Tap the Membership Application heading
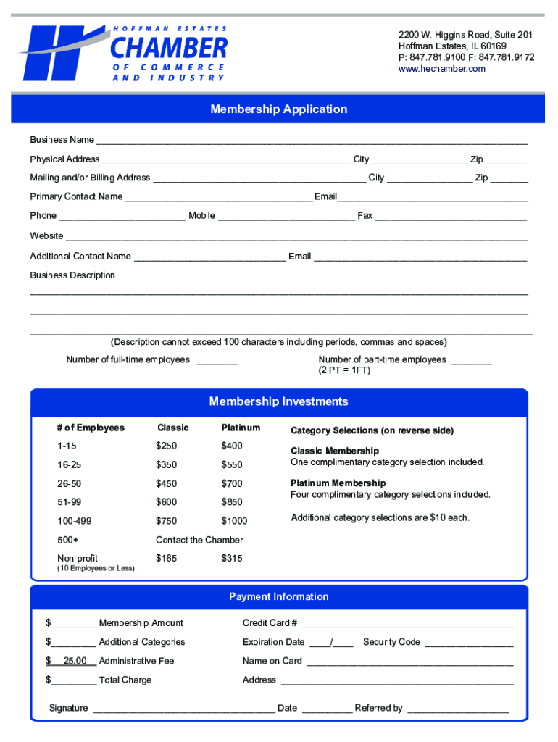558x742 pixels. [x=278, y=109]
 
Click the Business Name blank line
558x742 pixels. [x=312, y=141]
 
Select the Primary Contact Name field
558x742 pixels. [x=218, y=198]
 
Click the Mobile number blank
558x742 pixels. [x=286, y=217]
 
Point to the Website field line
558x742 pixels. [x=296, y=237]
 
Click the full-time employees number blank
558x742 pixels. [x=217, y=361]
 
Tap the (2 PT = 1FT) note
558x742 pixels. [x=344, y=370]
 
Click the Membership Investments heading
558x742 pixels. [x=278, y=401]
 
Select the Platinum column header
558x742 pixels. [x=241, y=428]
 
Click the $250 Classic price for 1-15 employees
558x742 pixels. [x=166, y=446]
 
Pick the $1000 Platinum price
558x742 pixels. [x=234, y=521]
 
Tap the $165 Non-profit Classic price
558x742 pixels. [x=166, y=559]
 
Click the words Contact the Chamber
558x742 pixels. [x=199, y=540]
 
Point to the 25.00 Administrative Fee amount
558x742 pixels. [x=75, y=661]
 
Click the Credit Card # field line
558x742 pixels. [x=408, y=625]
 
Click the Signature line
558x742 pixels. [x=183, y=709]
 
